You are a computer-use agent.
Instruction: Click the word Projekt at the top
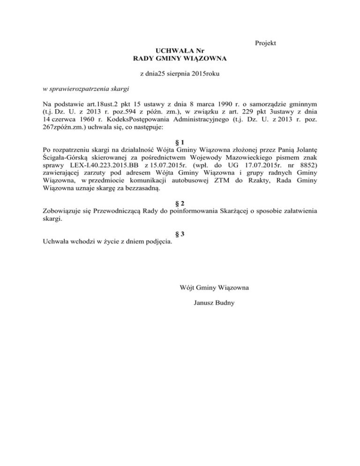tap(265, 43)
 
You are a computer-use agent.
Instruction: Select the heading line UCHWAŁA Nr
tap(180, 51)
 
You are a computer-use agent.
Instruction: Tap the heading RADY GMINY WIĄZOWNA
tap(180, 59)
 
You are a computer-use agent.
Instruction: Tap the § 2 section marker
tap(180, 203)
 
